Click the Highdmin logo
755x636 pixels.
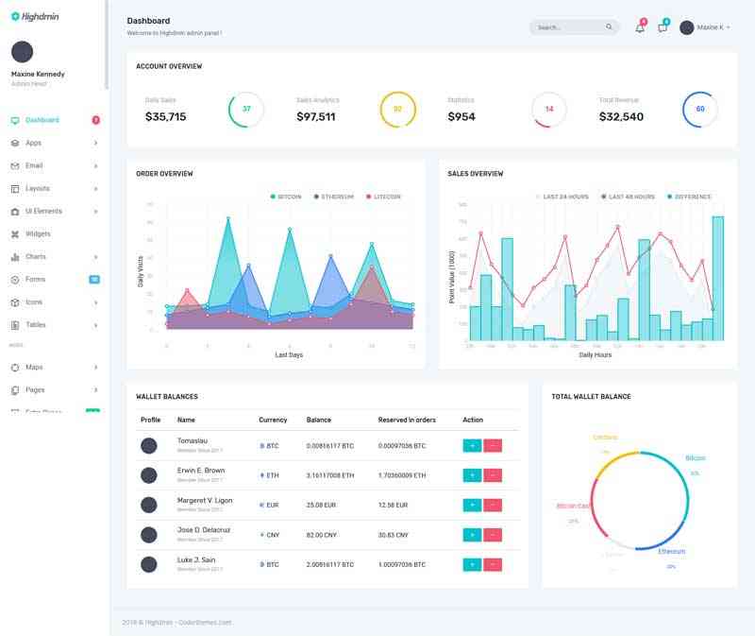(35, 15)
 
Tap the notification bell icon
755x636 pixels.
(640, 27)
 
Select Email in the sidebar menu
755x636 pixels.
(33, 165)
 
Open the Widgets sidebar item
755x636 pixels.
(38, 233)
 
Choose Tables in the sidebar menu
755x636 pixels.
(35, 324)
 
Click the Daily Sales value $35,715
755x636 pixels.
(165, 117)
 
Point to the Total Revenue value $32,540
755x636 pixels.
(621, 117)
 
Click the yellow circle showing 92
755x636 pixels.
(397, 109)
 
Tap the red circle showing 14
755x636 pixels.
(548, 109)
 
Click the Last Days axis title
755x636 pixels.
(289, 354)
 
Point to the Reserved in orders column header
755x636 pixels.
(406, 419)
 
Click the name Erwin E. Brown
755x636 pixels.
(201, 470)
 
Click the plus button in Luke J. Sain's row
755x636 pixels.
(472, 564)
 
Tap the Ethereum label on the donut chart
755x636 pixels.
(672, 551)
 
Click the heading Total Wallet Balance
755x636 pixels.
(591, 396)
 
